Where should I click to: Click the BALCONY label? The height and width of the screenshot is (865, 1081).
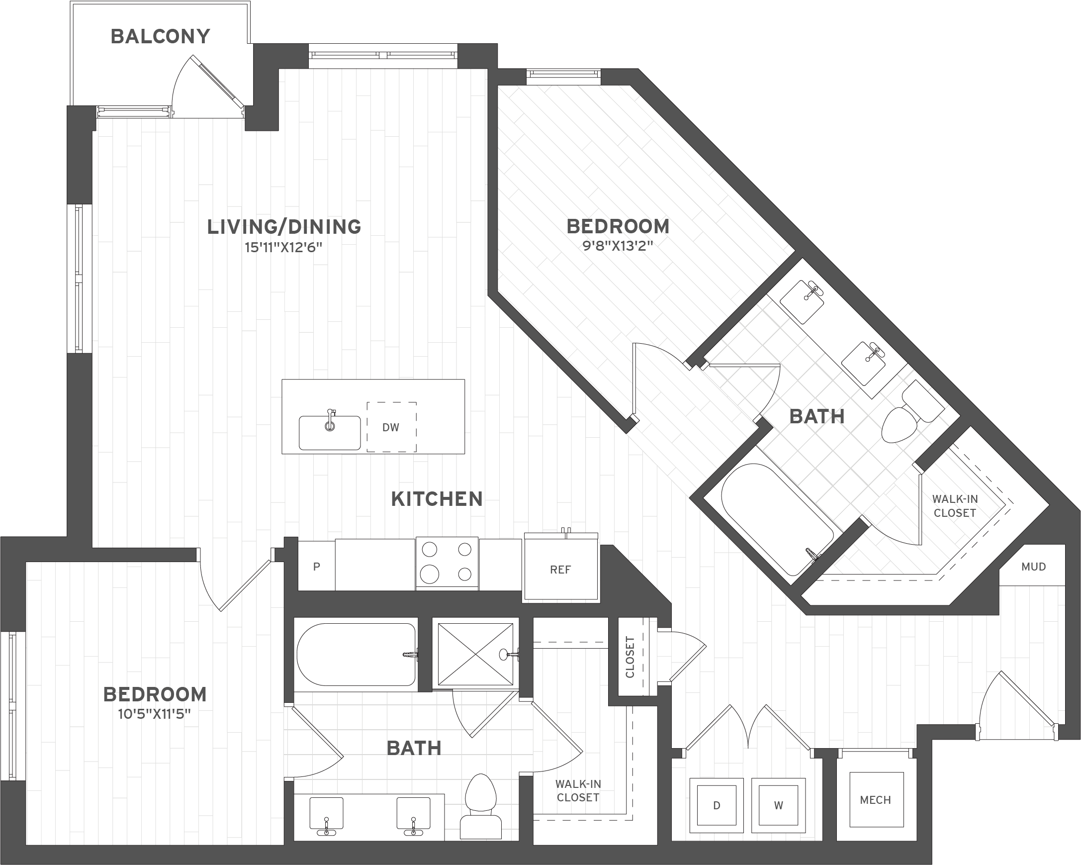pyautogui.click(x=160, y=37)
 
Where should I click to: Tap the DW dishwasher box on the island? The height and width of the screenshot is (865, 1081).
pyautogui.click(x=391, y=427)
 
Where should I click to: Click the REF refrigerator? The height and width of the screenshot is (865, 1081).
pyautogui.click(x=560, y=567)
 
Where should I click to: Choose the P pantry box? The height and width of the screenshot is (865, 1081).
pyautogui.click(x=316, y=566)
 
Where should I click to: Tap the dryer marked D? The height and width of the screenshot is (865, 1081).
pyautogui.click(x=717, y=805)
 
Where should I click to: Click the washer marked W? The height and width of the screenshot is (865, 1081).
pyautogui.click(x=778, y=805)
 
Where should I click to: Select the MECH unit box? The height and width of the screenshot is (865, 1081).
pyautogui.click(x=876, y=799)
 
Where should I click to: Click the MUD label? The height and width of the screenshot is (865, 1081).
pyautogui.click(x=1033, y=567)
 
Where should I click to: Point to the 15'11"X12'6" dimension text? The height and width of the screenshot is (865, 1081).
pyautogui.click(x=283, y=247)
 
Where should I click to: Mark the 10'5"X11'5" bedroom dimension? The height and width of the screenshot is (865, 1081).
pyautogui.click(x=155, y=714)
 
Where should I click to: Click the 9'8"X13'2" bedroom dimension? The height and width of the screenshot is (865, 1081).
pyautogui.click(x=618, y=246)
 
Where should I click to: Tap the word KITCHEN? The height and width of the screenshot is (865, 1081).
pyautogui.click(x=437, y=499)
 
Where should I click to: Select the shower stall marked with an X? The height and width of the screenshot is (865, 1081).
pyautogui.click(x=475, y=654)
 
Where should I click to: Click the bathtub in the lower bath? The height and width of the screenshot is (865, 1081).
pyautogui.click(x=357, y=655)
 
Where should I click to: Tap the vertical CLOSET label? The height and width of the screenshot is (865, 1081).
pyautogui.click(x=630, y=657)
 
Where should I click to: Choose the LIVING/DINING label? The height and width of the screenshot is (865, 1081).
pyautogui.click(x=284, y=227)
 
